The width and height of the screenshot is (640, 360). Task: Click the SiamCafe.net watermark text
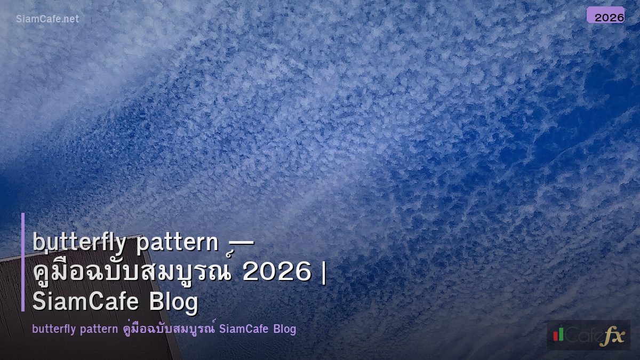[47, 19]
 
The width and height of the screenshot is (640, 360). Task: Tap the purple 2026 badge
[605, 15]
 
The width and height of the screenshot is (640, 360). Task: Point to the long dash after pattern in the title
[241, 244]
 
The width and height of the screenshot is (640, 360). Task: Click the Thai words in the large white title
[134, 272]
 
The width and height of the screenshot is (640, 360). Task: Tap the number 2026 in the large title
[276, 273]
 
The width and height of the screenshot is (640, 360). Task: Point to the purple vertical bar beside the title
[23, 262]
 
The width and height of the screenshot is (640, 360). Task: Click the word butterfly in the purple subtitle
[54, 329]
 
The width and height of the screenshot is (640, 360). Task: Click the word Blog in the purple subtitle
[284, 329]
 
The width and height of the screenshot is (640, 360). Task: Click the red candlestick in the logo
[556, 335]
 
